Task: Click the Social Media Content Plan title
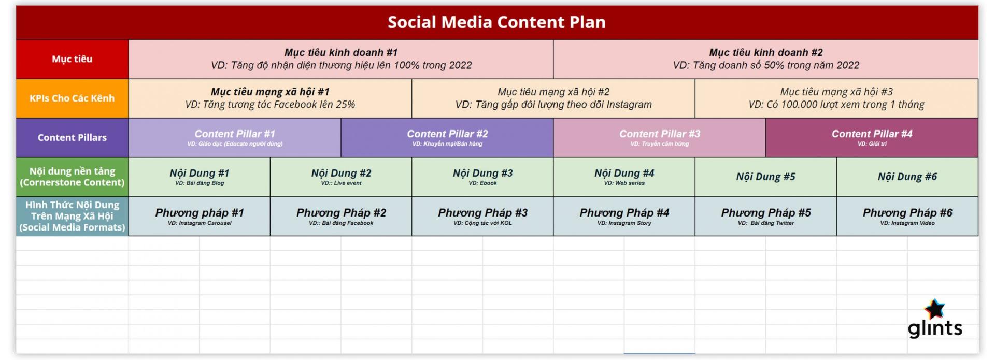point(496,22)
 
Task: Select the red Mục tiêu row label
point(72,59)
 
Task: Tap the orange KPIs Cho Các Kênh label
point(72,98)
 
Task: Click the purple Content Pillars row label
point(72,138)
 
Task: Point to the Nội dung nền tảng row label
point(72,177)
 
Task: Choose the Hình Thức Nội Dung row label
point(72,216)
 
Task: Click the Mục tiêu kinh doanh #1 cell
point(341,59)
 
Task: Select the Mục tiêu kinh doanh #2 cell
point(765,59)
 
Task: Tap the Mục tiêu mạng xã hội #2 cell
point(553,98)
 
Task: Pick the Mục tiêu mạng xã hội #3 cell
point(836,98)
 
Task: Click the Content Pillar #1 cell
point(235,138)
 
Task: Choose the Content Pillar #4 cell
point(872,138)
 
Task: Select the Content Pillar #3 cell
point(659,138)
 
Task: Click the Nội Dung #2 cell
point(341,177)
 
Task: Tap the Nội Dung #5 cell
point(765,177)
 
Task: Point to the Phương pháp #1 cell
point(200,216)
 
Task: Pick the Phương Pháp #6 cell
point(907,216)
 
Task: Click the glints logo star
point(935,309)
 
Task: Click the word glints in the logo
point(935,328)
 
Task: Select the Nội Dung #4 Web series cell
point(624,177)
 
